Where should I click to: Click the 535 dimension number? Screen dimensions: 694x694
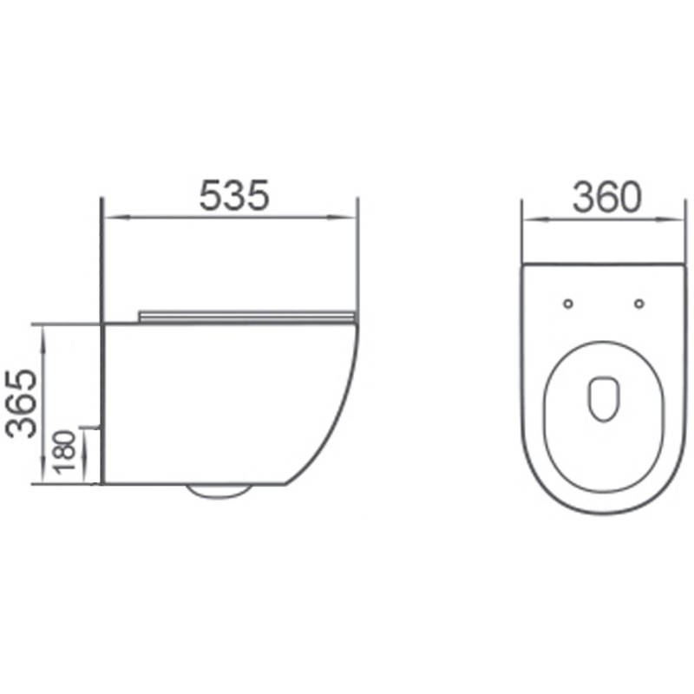click(x=234, y=196)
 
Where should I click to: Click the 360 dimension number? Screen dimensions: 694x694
click(x=606, y=199)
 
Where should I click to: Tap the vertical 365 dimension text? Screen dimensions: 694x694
click(x=22, y=403)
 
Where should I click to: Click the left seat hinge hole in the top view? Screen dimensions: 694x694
click(x=568, y=304)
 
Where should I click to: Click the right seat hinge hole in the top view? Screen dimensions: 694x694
click(x=639, y=304)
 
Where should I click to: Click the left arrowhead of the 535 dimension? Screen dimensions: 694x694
click(x=109, y=216)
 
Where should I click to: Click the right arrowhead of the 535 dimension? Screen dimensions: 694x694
click(x=350, y=216)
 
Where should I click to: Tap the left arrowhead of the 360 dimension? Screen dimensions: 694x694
click(x=527, y=219)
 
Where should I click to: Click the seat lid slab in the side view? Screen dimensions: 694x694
click(x=247, y=316)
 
